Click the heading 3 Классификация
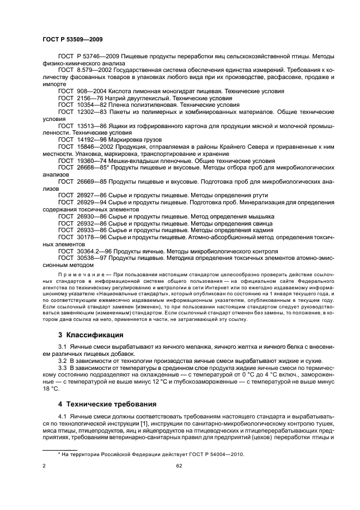click(90, 334)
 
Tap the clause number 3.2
click(63, 361)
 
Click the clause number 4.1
click(63, 418)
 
